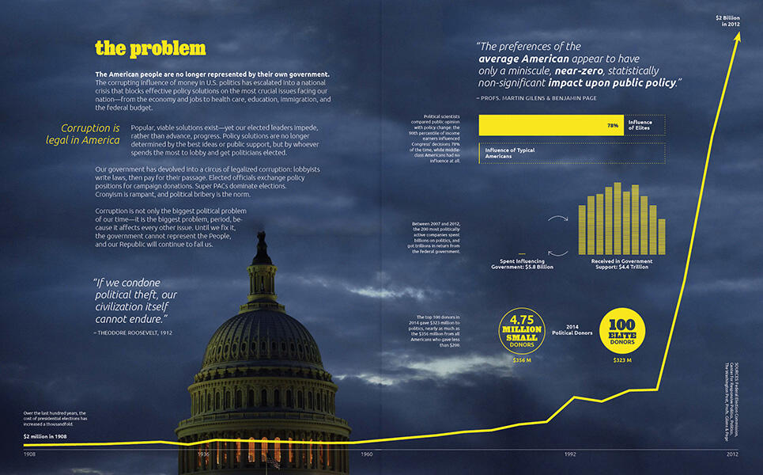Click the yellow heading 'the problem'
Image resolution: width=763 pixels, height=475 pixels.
click(150, 49)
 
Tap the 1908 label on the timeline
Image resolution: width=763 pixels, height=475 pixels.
click(29, 454)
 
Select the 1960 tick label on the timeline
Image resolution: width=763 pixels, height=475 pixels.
click(367, 454)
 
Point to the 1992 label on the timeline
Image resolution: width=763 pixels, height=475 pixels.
click(571, 454)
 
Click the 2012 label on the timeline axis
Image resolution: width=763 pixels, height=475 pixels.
click(732, 454)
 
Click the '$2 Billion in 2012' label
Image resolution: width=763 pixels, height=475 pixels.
click(729, 21)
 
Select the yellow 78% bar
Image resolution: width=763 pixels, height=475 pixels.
click(551, 125)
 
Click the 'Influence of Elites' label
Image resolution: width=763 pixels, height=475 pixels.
click(640, 125)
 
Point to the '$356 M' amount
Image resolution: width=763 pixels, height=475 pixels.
click(521, 360)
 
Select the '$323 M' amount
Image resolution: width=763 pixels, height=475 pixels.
click(623, 360)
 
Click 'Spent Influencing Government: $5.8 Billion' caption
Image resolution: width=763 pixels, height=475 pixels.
click(522, 264)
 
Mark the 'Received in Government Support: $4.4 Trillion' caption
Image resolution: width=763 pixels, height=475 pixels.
click(621, 264)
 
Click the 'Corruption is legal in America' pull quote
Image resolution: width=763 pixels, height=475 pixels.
click(83, 134)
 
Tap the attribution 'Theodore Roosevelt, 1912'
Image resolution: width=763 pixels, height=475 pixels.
click(133, 332)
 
